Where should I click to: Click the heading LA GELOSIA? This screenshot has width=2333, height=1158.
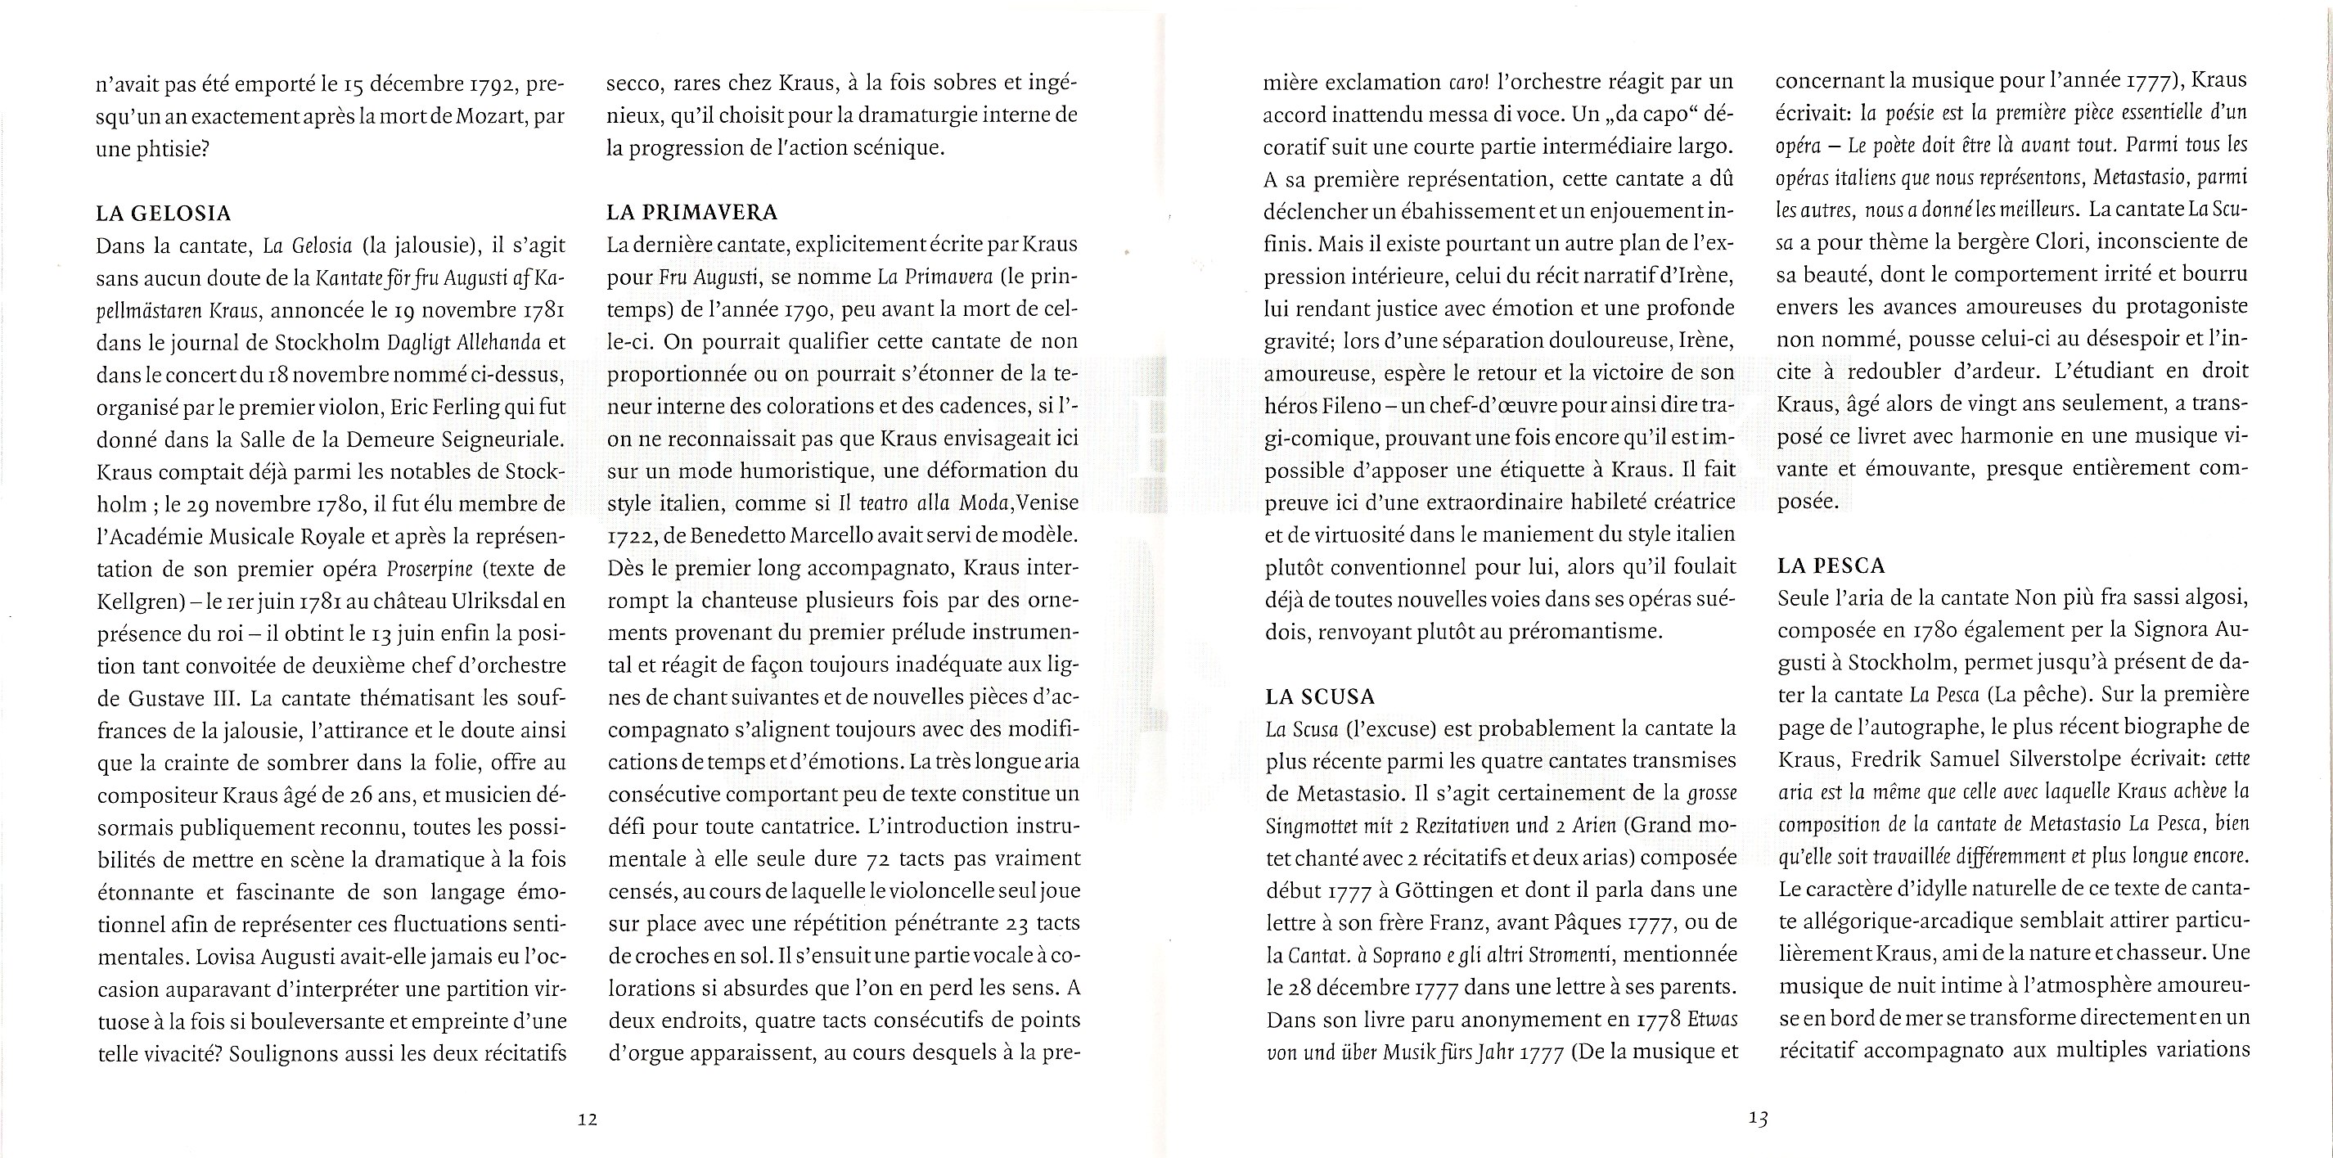click(x=164, y=214)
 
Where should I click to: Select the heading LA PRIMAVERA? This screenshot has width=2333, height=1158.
click(x=693, y=214)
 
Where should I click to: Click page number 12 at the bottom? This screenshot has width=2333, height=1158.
click(x=588, y=1119)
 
